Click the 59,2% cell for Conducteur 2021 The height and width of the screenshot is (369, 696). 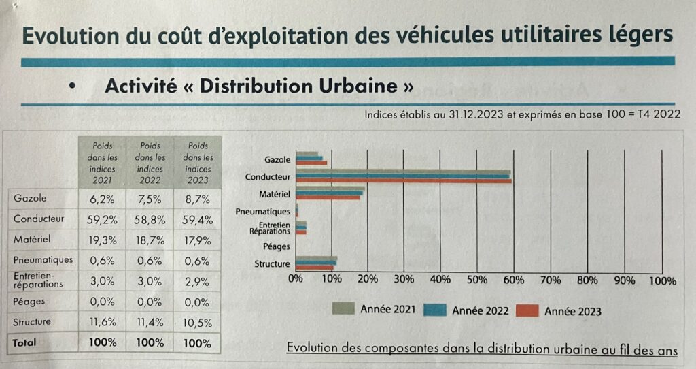click(105, 220)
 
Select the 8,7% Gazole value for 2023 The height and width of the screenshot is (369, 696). click(197, 200)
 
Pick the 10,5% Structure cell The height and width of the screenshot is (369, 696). click(197, 322)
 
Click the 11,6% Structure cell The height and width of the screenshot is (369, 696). click(105, 322)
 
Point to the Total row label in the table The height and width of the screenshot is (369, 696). click(24, 342)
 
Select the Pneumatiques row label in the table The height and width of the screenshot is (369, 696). click(42, 260)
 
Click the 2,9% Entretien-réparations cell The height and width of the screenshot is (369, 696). click(197, 280)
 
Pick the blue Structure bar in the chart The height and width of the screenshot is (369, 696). click(316, 263)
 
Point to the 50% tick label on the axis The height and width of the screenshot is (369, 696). click(477, 280)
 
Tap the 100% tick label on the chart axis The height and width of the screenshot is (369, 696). click(663, 280)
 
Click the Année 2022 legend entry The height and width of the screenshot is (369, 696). click(480, 310)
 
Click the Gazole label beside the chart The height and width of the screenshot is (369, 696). click(277, 160)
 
